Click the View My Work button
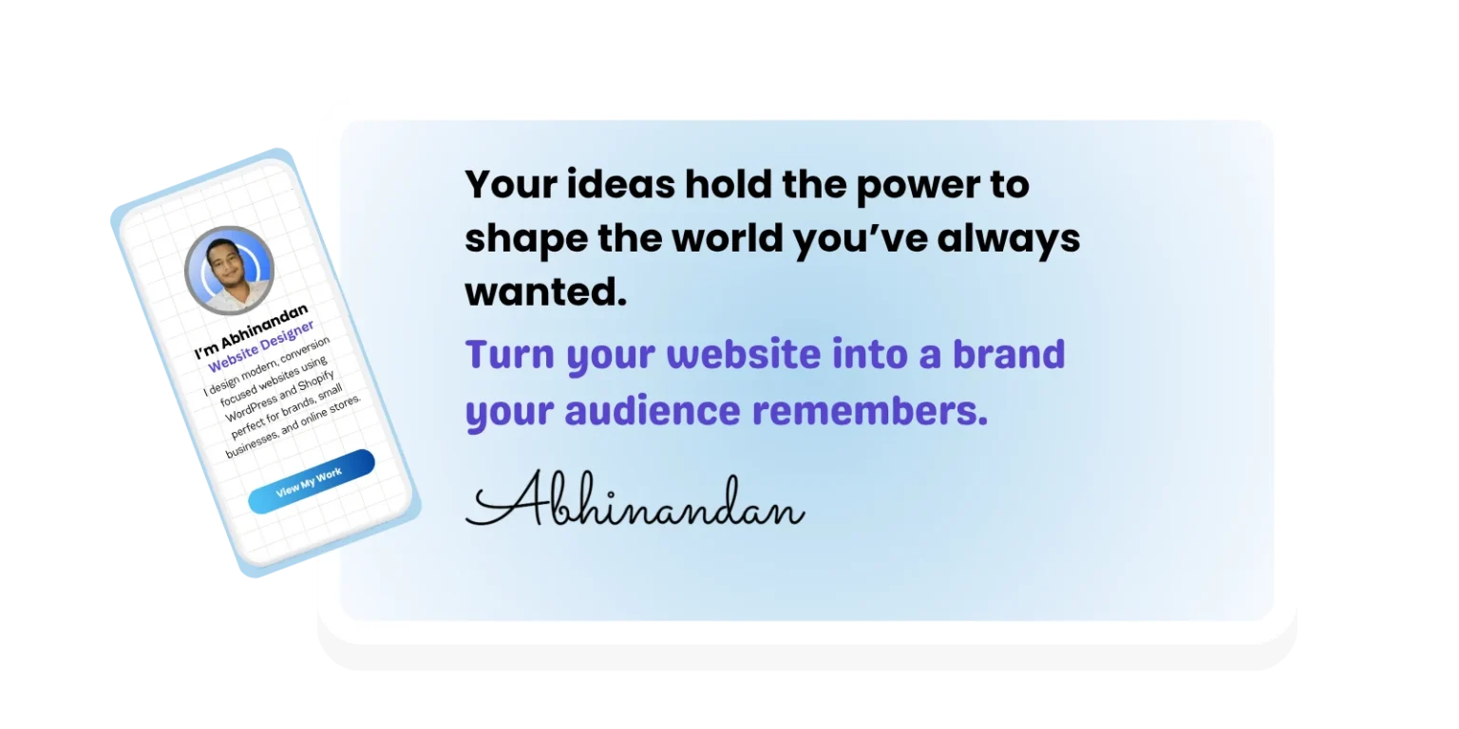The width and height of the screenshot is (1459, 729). (x=312, y=481)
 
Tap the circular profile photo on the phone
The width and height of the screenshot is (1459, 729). (x=229, y=271)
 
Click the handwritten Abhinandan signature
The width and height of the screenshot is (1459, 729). (x=635, y=500)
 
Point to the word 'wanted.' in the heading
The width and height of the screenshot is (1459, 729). (x=546, y=291)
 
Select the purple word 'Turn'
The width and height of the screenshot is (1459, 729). (x=509, y=354)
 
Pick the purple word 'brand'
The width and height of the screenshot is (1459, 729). (x=1008, y=354)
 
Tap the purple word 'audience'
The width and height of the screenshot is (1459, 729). (x=652, y=411)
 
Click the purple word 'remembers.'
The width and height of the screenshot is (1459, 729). (x=869, y=411)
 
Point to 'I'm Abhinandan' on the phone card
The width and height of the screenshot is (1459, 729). (x=252, y=331)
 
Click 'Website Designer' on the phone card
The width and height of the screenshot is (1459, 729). (x=261, y=346)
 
